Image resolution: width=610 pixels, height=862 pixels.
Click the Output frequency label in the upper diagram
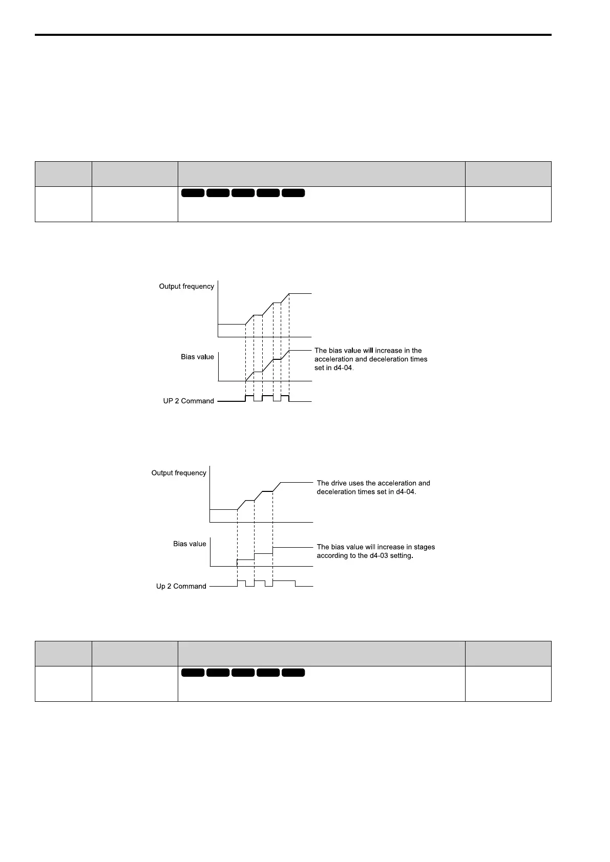(186, 286)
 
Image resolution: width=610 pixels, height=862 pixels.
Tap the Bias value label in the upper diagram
(197, 357)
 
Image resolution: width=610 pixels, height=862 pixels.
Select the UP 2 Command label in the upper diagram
(188, 401)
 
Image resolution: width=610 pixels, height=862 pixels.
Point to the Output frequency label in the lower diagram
(179, 473)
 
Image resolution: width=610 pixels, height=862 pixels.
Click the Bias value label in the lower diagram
(190, 544)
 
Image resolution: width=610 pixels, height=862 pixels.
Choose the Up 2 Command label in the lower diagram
(181, 586)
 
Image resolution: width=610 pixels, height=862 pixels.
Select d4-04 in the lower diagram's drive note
(405, 491)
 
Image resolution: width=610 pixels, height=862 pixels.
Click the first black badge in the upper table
(193, 193)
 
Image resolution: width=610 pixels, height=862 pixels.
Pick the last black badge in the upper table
(293, 193)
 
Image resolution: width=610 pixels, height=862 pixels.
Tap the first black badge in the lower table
(193, 673)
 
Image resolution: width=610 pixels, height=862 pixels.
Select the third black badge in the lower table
(243, 673)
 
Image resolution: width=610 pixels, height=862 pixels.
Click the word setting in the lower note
(402, 555)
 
